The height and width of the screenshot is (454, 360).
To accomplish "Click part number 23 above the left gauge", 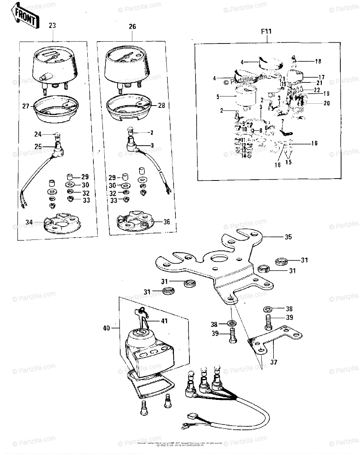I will coord(53,26).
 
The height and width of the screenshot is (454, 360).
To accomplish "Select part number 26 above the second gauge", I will coord(132,27).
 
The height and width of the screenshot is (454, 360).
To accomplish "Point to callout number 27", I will coord(25,106).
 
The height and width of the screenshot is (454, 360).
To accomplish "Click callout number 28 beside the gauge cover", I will coord(161,106).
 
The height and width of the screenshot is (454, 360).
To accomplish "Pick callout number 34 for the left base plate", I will coord(29,222).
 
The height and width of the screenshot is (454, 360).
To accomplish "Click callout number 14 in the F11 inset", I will coord(244,155).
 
